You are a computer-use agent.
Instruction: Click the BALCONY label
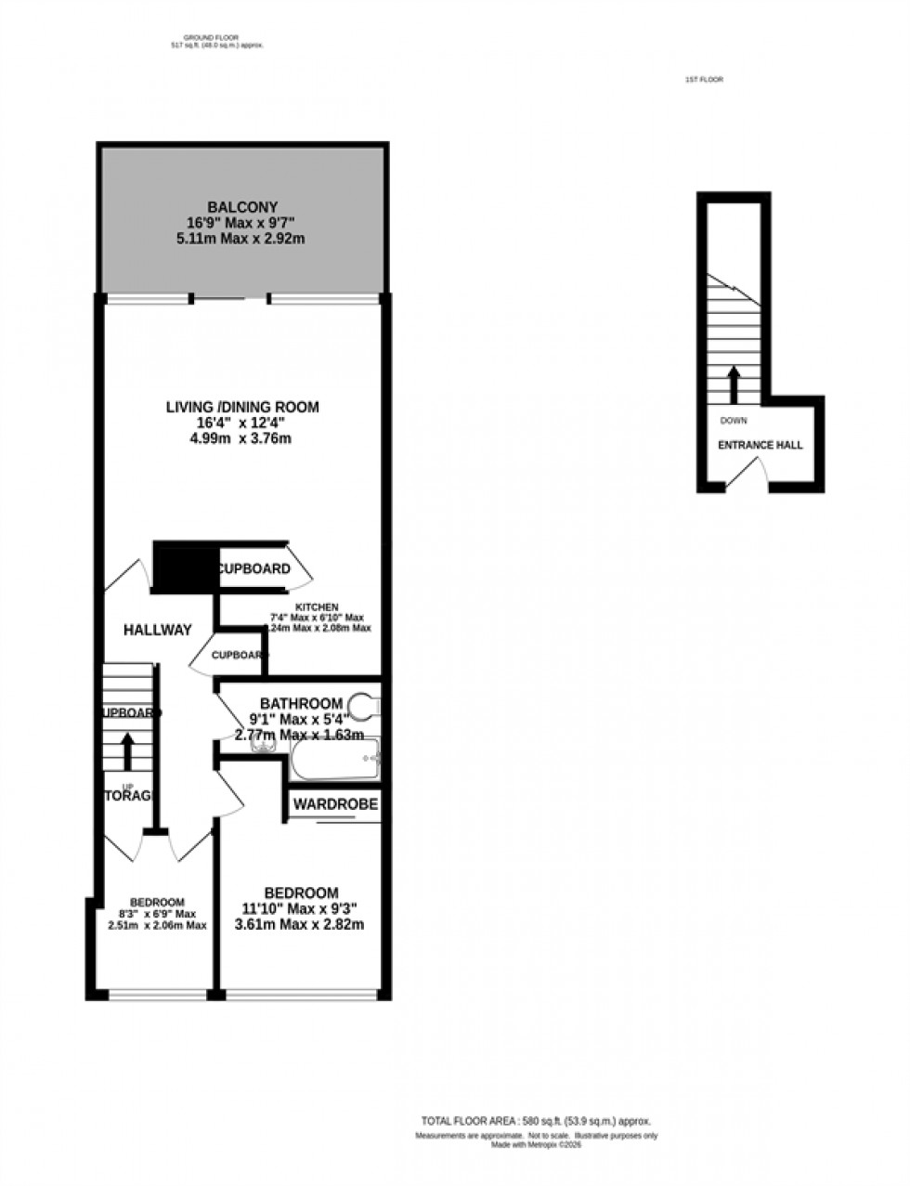[x=242, y=207]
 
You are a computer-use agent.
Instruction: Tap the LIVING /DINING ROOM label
[x=242, y=407]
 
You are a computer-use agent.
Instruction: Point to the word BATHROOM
[x=301, y=704]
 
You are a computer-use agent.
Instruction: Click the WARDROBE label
[x=336, y=804]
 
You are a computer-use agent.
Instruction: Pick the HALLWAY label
[x=158, y=630]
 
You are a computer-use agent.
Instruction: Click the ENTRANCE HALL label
[x=760, y=446]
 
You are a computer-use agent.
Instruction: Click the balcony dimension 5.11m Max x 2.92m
[x=242, y=239]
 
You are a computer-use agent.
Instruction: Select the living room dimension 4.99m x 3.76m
[x=240, y=438]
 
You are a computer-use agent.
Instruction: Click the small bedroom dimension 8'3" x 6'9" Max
[x=157, y=914]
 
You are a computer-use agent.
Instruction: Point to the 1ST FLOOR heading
[x=704, y=80]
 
